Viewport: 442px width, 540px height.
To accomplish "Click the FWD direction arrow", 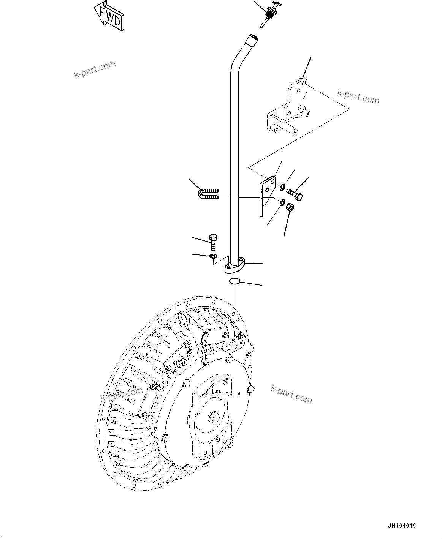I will click(109, 16).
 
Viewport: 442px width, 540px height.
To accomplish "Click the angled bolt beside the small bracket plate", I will click(296, 194).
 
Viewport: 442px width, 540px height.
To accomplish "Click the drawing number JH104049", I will click(401, 526).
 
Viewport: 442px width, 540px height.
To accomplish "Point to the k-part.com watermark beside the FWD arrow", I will click(95, 69).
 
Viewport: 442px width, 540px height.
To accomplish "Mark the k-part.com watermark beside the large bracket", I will click(358, 96).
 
